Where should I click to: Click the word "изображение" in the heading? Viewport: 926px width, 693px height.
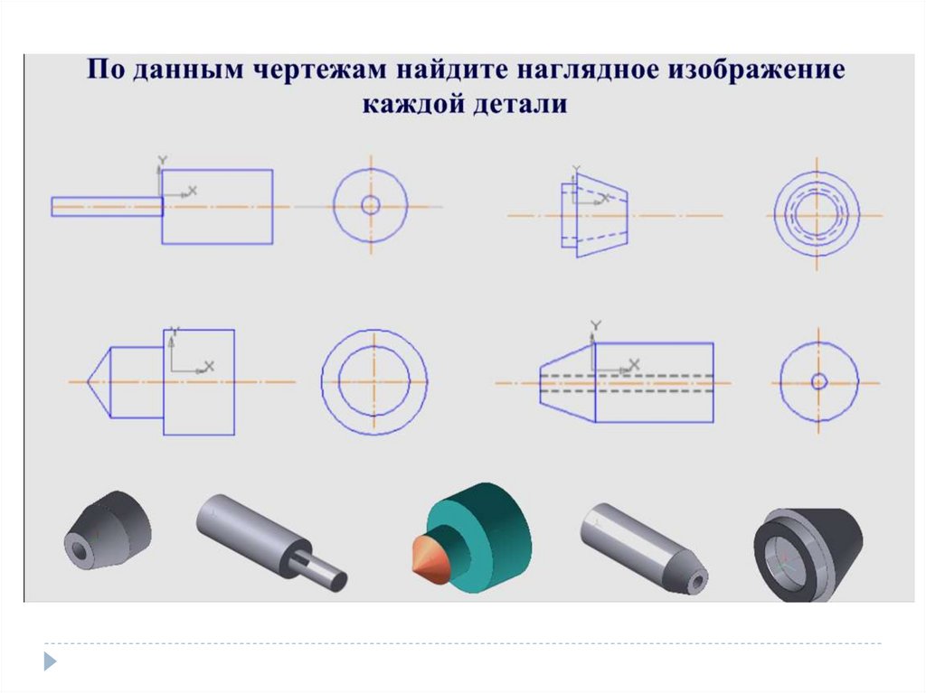[x=757, y=70]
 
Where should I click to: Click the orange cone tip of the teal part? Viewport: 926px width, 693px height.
[x=427, y=556]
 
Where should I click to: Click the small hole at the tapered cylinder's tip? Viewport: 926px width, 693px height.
[x=698, y=583]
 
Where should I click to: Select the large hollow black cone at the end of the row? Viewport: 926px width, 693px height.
[x=808, y=555]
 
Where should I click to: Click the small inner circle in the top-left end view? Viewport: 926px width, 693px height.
[x=370, y=205]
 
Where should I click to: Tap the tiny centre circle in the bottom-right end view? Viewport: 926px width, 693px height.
[x=818, y=382]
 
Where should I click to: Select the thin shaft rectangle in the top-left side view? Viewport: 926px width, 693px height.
[x=108, y=207]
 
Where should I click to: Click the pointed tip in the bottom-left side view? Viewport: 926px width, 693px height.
[x=88, y=382]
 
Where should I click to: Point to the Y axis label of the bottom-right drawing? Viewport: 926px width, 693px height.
[x=597, y=325]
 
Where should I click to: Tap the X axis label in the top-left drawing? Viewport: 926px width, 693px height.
[x=192, y=191]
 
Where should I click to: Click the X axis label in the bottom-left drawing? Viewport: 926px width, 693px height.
[x=209, y=367]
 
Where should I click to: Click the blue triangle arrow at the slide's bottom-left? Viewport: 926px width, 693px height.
[x=51, y=661]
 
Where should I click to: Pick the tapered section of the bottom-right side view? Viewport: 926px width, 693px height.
[x=568, y=382]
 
